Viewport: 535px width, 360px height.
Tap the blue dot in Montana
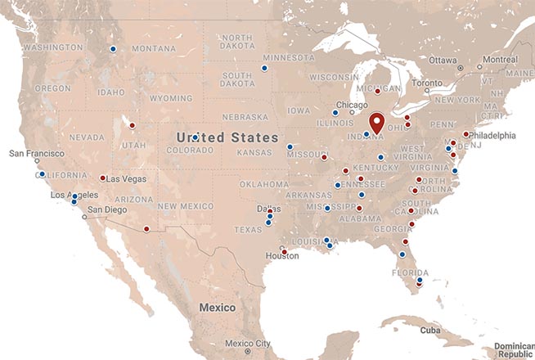113,49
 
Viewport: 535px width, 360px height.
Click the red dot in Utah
132,125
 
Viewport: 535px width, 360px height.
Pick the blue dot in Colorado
195,137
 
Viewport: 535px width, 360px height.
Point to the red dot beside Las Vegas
102,178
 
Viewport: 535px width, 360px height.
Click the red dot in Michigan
377,92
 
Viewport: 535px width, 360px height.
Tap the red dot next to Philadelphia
465,134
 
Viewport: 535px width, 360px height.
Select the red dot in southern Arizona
146,229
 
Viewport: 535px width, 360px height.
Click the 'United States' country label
227,137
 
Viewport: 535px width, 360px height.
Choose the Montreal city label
499,60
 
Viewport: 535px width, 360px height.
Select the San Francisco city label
36,153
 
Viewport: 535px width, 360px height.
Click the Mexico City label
248,343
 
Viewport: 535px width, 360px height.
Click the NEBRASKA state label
244,116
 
